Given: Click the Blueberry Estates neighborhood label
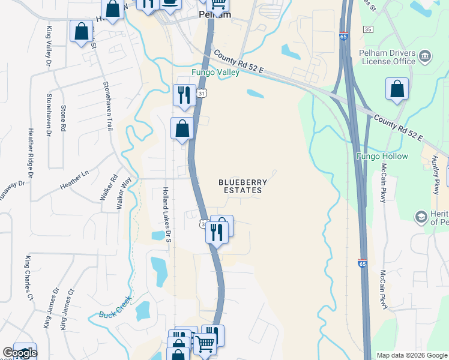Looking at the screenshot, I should [x=240, y=186].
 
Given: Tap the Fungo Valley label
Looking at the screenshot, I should [x=215, y=73].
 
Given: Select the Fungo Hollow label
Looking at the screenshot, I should [x=382, y=157].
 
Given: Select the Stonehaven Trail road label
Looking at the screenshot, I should [x=108, y=106].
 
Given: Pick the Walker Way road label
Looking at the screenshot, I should [x=124, y=191].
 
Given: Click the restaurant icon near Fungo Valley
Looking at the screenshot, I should [x=184, y=95].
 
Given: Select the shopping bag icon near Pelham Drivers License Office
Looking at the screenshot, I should [x=397, y=89].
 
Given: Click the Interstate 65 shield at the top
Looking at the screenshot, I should [x=343, y=37].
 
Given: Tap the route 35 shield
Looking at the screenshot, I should [x=368, y=29].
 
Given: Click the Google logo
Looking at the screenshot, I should [x=20, y=353].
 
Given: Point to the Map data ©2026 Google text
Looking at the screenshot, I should [x=412, y=355].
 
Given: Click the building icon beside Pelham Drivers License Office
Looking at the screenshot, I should [x=426, y=57].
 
